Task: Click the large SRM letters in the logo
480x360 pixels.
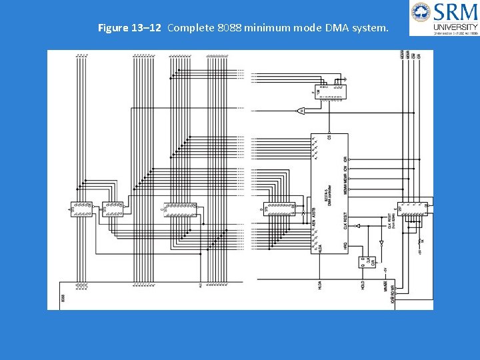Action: click(x=455, y=12)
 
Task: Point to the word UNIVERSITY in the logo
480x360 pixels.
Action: click(x=455, y=27)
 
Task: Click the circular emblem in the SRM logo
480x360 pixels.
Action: click(x=421, y=12)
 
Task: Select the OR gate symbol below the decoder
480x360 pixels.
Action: click(x=301, y=111)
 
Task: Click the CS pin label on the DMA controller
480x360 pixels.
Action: click(x=329, y=138)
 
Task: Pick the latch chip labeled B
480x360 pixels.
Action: click(x=113, y=209)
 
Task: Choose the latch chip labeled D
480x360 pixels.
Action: click(x=279, y=209)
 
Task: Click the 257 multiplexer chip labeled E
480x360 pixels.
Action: click(x=413, y=209)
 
